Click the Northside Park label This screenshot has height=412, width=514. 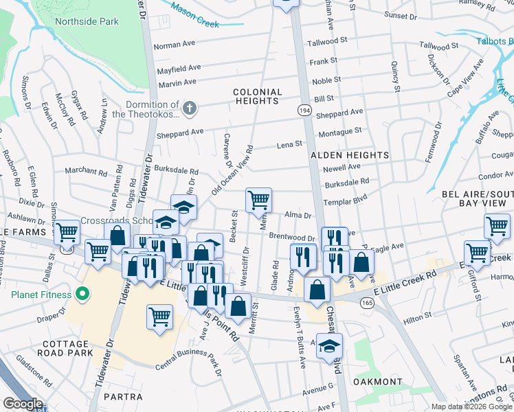(x=96, y=21)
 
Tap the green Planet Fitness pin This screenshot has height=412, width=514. (x=82, y=295)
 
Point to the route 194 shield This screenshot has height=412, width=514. (x=304, y=109)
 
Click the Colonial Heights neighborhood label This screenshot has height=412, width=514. (x=258, y=96)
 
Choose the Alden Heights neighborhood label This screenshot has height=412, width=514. (x=350, y=156)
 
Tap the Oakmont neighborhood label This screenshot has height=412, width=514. (x=377, y=381)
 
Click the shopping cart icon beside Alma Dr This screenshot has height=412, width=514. (x=259, y=200)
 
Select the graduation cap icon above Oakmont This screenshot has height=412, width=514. (x=330, y=345)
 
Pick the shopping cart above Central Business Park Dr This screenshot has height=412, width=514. (x=159, y=317)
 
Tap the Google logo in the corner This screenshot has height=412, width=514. (x=22, y=403)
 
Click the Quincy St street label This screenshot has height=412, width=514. (x=396, y=76)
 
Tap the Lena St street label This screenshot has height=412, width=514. (x=289, y=144)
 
